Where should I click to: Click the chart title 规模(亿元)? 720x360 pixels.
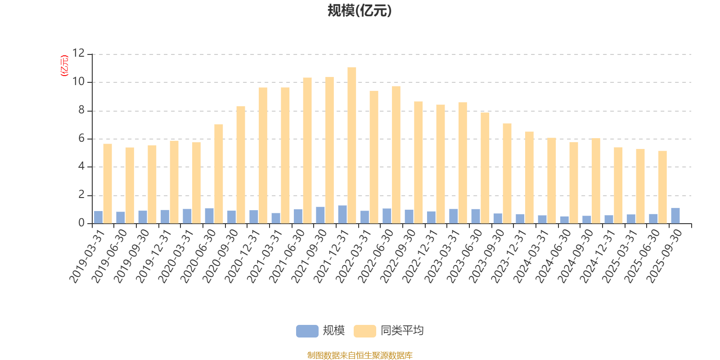coord(359,11)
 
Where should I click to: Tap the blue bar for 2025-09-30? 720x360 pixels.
coord(675,216)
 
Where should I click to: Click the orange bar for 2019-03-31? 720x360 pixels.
coord(108,184)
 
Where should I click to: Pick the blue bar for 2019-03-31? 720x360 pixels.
coord(98,217)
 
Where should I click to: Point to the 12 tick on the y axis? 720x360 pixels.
coord(78,54)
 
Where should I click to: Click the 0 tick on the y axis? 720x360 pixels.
coord(81,223)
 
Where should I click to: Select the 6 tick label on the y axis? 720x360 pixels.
coord(81,139)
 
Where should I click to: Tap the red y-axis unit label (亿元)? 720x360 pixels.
coord(64,66)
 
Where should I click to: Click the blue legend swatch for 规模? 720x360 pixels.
coord(307,331)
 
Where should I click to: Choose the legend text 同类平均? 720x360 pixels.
coord(402,331)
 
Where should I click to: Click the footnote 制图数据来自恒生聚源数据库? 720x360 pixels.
coord(360,355)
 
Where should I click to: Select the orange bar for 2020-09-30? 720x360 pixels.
coord(241,165)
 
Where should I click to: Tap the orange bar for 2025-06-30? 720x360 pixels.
coord(662,187)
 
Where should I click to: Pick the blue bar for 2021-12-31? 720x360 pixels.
coord(342,214)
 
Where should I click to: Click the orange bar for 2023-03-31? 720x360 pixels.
coord(463,163)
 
